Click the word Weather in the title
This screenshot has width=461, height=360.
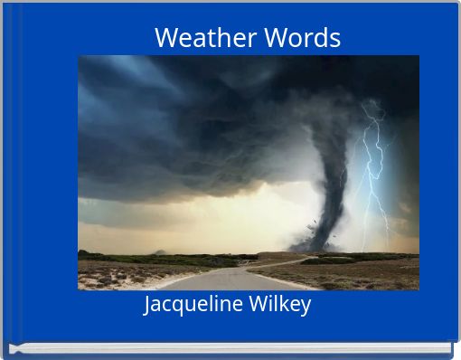click(205, 38)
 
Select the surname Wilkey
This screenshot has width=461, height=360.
click(278, 305)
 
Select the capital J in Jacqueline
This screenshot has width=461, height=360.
click(148, 305)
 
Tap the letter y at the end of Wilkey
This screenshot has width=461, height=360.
click(306, 306)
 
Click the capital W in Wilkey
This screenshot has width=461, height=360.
click(256, 305)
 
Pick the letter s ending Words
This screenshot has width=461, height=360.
click(335, 39)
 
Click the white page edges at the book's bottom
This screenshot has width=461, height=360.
click(230, 347)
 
